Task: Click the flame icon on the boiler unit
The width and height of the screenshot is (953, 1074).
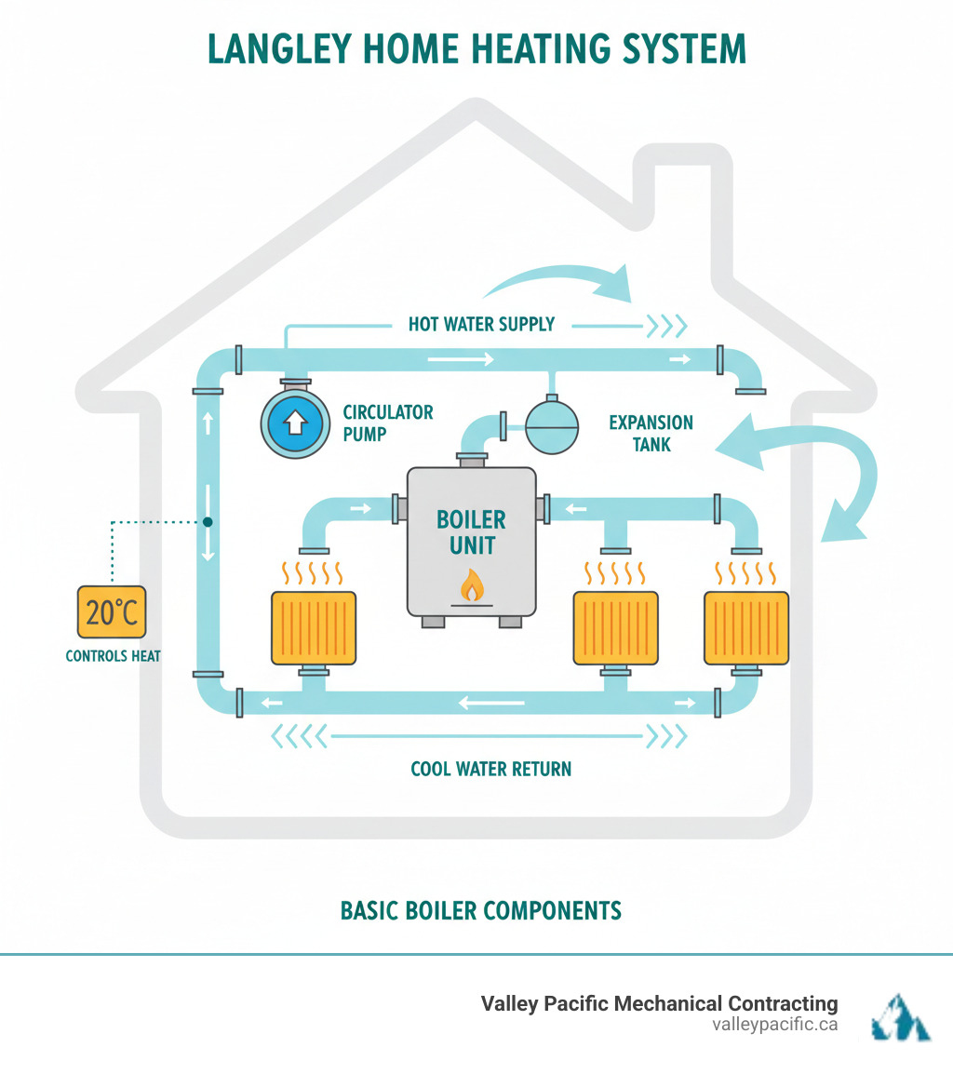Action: pyautogui.click(x=472, y=585)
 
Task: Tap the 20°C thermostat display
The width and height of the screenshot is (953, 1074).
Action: pyautogui.click(x=112, y=612)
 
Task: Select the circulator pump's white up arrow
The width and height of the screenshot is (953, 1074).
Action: pyautogui.click(x=294, y=423)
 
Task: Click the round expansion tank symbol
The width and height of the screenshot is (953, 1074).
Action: pyautogui.click(x=552, y=427)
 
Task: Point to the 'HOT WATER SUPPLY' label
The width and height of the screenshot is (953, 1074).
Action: pyautogui.click(x=481, y=324)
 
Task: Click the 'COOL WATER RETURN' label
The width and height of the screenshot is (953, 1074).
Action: pyautogui.click(x=490, y=769)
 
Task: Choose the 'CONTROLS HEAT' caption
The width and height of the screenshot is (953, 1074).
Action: pyautogui.click(x=113, y=656)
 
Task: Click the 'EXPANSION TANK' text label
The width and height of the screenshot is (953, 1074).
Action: pyautogui.click(x=651, y=434)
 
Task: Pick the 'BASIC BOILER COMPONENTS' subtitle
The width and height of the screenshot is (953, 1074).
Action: pyautogui.click(x=480, y=910)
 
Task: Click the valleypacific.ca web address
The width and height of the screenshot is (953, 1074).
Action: pyautogui.click(x=774, y=1025)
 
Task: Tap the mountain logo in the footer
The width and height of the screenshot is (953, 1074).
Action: pyautogui.click(x=899, y=1014)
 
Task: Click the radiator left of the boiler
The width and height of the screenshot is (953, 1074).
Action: pyautogui.click(x=314, y=628)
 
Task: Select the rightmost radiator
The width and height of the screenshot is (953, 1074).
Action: pyautogui.click(x=746, y=628)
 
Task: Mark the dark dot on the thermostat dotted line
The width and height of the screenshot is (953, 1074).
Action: pyautogui.click(x=208, y=522)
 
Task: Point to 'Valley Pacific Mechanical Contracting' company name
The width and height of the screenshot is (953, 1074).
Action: pyautogui.click(x=659, y=1003)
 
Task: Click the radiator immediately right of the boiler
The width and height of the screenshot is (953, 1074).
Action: pyautogui.click(x=615, y=628)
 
